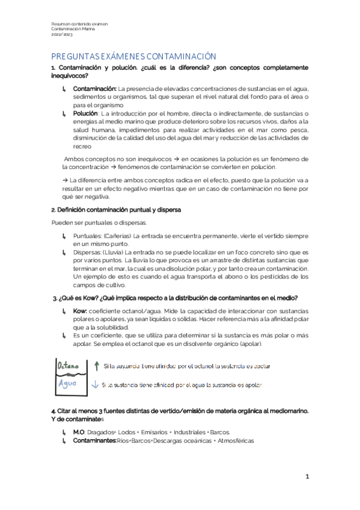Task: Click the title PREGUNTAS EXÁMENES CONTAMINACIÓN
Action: (133, 55)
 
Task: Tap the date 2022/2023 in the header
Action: (61, 34)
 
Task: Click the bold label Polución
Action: (85, 113)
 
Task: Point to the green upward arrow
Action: (96, 365)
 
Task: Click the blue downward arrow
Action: (95, 384)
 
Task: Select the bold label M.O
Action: (79, 432)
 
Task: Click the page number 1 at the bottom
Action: (307, 476)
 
